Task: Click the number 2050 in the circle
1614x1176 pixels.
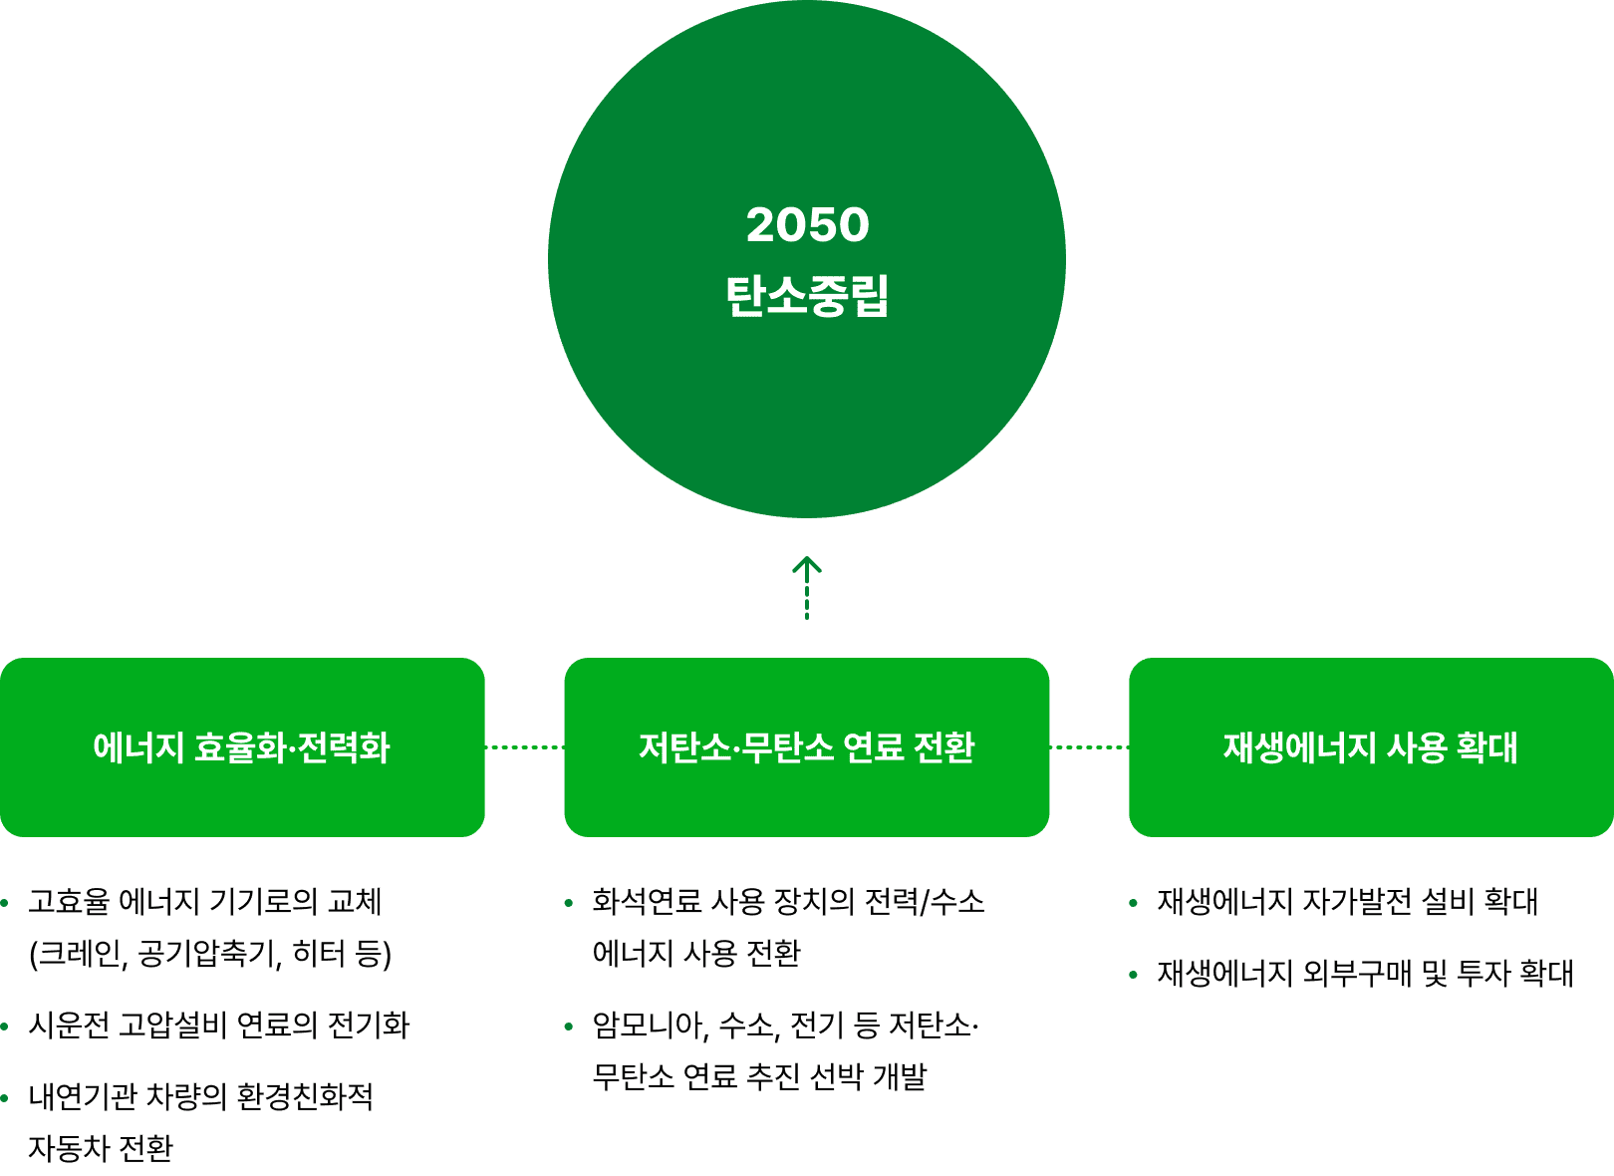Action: (807, 225)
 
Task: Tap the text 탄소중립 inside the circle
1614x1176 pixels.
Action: (807, 296)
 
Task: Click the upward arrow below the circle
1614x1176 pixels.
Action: (807, 586)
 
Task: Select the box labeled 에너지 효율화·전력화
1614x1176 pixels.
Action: (242, 746)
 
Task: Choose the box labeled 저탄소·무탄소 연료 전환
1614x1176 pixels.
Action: (806, 746)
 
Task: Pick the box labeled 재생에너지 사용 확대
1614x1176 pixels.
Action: (1371, 746)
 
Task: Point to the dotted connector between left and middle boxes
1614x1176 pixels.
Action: (525, 746)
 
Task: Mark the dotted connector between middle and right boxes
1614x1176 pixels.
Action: (1089, 746)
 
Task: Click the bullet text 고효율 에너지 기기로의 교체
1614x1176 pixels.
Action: (205, 902)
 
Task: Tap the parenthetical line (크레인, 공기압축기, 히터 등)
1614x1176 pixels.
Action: (210, 954)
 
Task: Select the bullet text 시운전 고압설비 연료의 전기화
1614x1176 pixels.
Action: (219, 1026)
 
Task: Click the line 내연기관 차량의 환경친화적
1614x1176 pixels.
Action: (201, 1097)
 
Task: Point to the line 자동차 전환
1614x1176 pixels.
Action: (101, 1149)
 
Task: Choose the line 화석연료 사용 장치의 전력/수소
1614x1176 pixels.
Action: (788, 902)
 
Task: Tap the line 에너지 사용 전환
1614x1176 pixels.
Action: (696, 954)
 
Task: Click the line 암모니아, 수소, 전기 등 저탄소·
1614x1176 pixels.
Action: (785, 1026)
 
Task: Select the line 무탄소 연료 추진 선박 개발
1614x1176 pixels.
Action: (759, 1077)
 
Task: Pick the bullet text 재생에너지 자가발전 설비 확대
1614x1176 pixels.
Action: (1347, 902)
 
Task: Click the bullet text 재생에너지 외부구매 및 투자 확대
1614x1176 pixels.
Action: (1365, 974)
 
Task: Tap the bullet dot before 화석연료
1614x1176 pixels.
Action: (569, 903)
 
